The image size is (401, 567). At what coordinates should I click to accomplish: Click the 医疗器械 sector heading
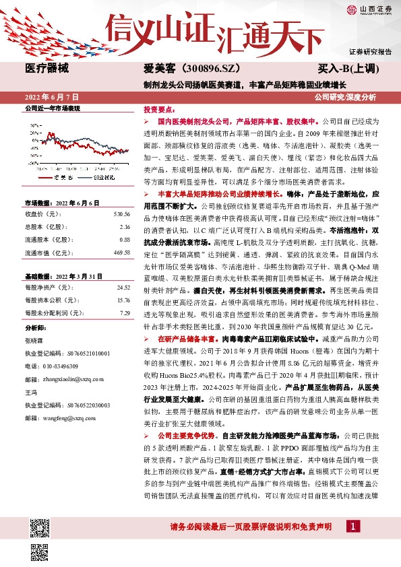point(47,69)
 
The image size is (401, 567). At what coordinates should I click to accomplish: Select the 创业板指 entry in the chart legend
point(102,177)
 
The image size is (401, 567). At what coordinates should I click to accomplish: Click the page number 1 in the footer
point(353,544)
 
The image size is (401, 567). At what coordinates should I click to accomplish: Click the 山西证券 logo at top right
point(368,9)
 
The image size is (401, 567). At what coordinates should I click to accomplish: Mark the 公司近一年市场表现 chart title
point(53,108)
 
